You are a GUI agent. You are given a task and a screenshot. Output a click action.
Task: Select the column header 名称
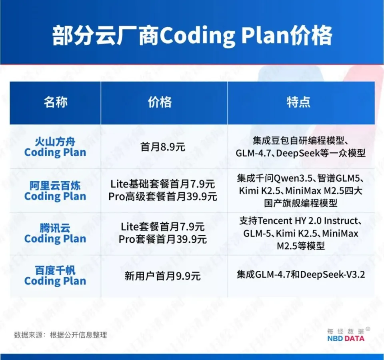pos(56,102)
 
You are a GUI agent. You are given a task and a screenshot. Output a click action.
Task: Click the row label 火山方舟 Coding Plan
pos(55,147)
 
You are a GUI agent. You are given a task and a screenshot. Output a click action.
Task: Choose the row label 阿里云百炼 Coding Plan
pos(55,191)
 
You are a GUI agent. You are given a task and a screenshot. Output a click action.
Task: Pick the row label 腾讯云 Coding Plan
pos(55,234)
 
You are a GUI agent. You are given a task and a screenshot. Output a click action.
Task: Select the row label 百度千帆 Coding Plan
pos(55,276)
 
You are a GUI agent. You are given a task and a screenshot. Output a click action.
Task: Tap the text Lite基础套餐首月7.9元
pos(163,185)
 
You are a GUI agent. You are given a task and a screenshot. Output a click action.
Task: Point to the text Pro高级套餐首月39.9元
pos(163,197)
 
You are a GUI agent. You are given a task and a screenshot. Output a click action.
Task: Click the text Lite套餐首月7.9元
pos(163,227)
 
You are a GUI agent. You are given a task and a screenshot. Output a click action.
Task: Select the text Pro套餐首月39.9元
pos(163,239)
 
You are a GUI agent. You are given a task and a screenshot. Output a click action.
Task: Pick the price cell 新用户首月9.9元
pos(163,276)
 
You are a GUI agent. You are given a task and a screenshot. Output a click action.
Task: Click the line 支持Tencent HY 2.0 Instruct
pos(301,221)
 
